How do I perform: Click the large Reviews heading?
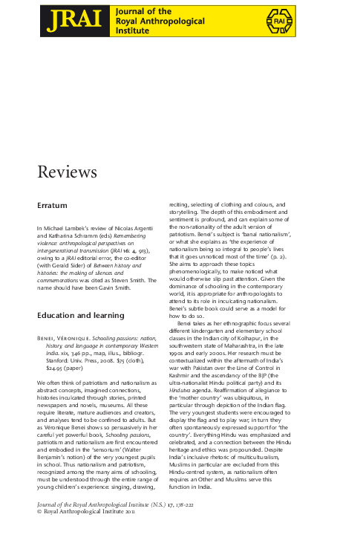pyautogui.click(x=68, y=172)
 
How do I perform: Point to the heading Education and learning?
pyautogui.click(x=80, y=316)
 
